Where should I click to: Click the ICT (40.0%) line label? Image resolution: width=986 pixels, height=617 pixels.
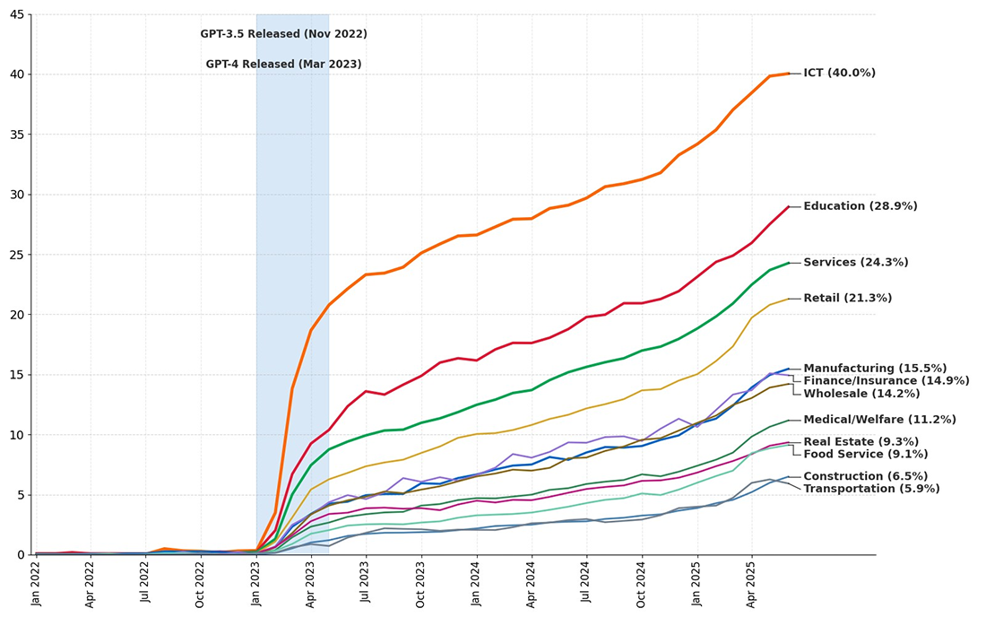tap(839, 74)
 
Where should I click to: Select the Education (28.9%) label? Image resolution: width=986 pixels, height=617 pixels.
tap(860, 206)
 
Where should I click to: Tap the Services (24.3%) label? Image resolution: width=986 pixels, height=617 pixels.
tap(855, 263)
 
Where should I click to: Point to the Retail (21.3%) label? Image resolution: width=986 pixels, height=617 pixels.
tap(847, 299)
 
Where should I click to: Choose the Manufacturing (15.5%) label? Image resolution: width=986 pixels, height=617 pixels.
tap(875, 369)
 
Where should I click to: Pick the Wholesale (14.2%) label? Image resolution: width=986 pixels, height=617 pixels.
tap(861, 394)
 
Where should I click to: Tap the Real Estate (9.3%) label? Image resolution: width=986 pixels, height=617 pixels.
tap(861, 442)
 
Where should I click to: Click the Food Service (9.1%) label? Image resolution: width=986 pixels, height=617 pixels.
tap(865, 454)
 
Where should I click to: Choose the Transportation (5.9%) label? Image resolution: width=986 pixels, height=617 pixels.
tap(871, 489)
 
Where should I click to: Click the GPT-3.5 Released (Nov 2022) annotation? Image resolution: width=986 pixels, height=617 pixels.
tap(283, 34)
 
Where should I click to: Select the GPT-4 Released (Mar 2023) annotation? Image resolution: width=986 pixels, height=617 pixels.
tap(283, 65)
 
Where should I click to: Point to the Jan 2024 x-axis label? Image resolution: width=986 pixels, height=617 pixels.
tap(476, 583)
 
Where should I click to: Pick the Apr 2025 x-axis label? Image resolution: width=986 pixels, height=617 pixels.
tap(751, 583)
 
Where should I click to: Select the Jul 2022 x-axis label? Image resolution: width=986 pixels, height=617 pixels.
tap(145, 583)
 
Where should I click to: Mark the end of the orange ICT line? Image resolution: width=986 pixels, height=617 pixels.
tap(788, 74)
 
